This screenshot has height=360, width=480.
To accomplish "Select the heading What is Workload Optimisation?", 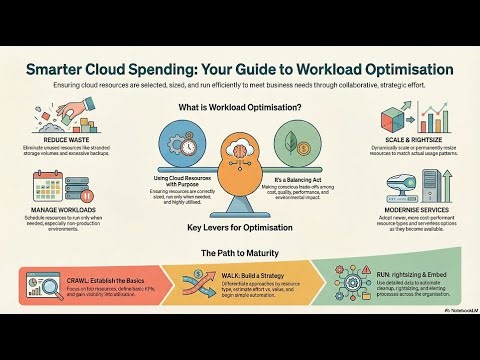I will [240, 107].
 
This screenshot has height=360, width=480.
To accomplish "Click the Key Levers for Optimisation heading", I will [240, 228].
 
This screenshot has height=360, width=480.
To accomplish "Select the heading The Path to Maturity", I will [240, 252].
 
